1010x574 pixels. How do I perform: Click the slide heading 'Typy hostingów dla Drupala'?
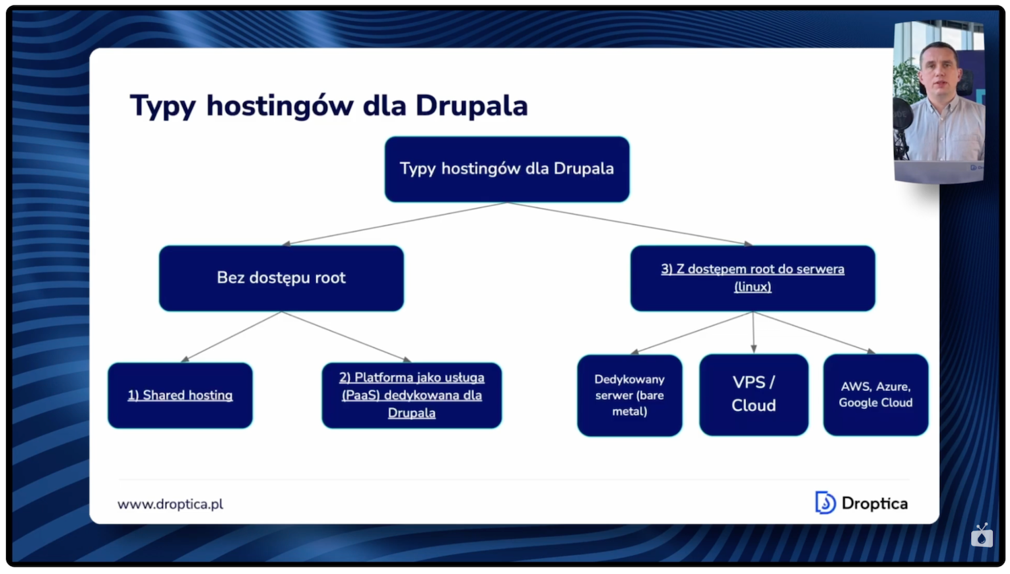329,106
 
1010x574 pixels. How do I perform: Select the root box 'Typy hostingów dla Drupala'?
506,169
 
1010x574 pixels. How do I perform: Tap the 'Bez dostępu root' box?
281,278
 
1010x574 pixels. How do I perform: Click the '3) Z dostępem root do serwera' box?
752,269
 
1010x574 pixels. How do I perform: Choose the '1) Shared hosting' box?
180,396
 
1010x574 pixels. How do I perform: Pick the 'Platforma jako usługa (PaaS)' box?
411,396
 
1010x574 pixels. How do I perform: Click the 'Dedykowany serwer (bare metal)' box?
629,396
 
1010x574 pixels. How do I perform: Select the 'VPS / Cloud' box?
753,394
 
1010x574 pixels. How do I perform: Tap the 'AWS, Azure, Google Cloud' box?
875,394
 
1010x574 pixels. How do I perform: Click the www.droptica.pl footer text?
170,504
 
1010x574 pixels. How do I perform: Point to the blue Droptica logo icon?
825,503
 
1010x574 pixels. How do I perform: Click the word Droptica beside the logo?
874,503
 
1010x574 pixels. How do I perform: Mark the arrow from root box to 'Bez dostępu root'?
394,223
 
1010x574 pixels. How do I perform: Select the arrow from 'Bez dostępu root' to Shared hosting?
231,336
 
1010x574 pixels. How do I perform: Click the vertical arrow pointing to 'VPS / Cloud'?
753,332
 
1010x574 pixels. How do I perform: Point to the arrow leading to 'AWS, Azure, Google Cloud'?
815,332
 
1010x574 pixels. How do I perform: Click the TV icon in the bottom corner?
982,536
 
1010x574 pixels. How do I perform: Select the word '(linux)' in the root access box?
752,287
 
